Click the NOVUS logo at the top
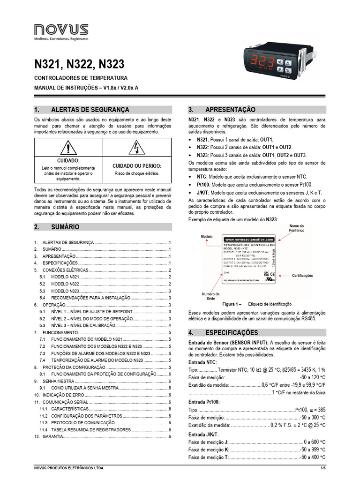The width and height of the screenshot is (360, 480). [x=61, y=32]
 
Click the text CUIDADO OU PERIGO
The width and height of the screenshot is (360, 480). [x=137, y=166]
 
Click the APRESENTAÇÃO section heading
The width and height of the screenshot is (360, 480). [x=228, y=110]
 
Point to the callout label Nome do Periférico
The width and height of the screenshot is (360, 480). [x=297, y=228]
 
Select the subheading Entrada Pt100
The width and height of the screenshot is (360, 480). [x=203, y=402]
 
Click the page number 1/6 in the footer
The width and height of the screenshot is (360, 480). [x=322, y=468]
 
